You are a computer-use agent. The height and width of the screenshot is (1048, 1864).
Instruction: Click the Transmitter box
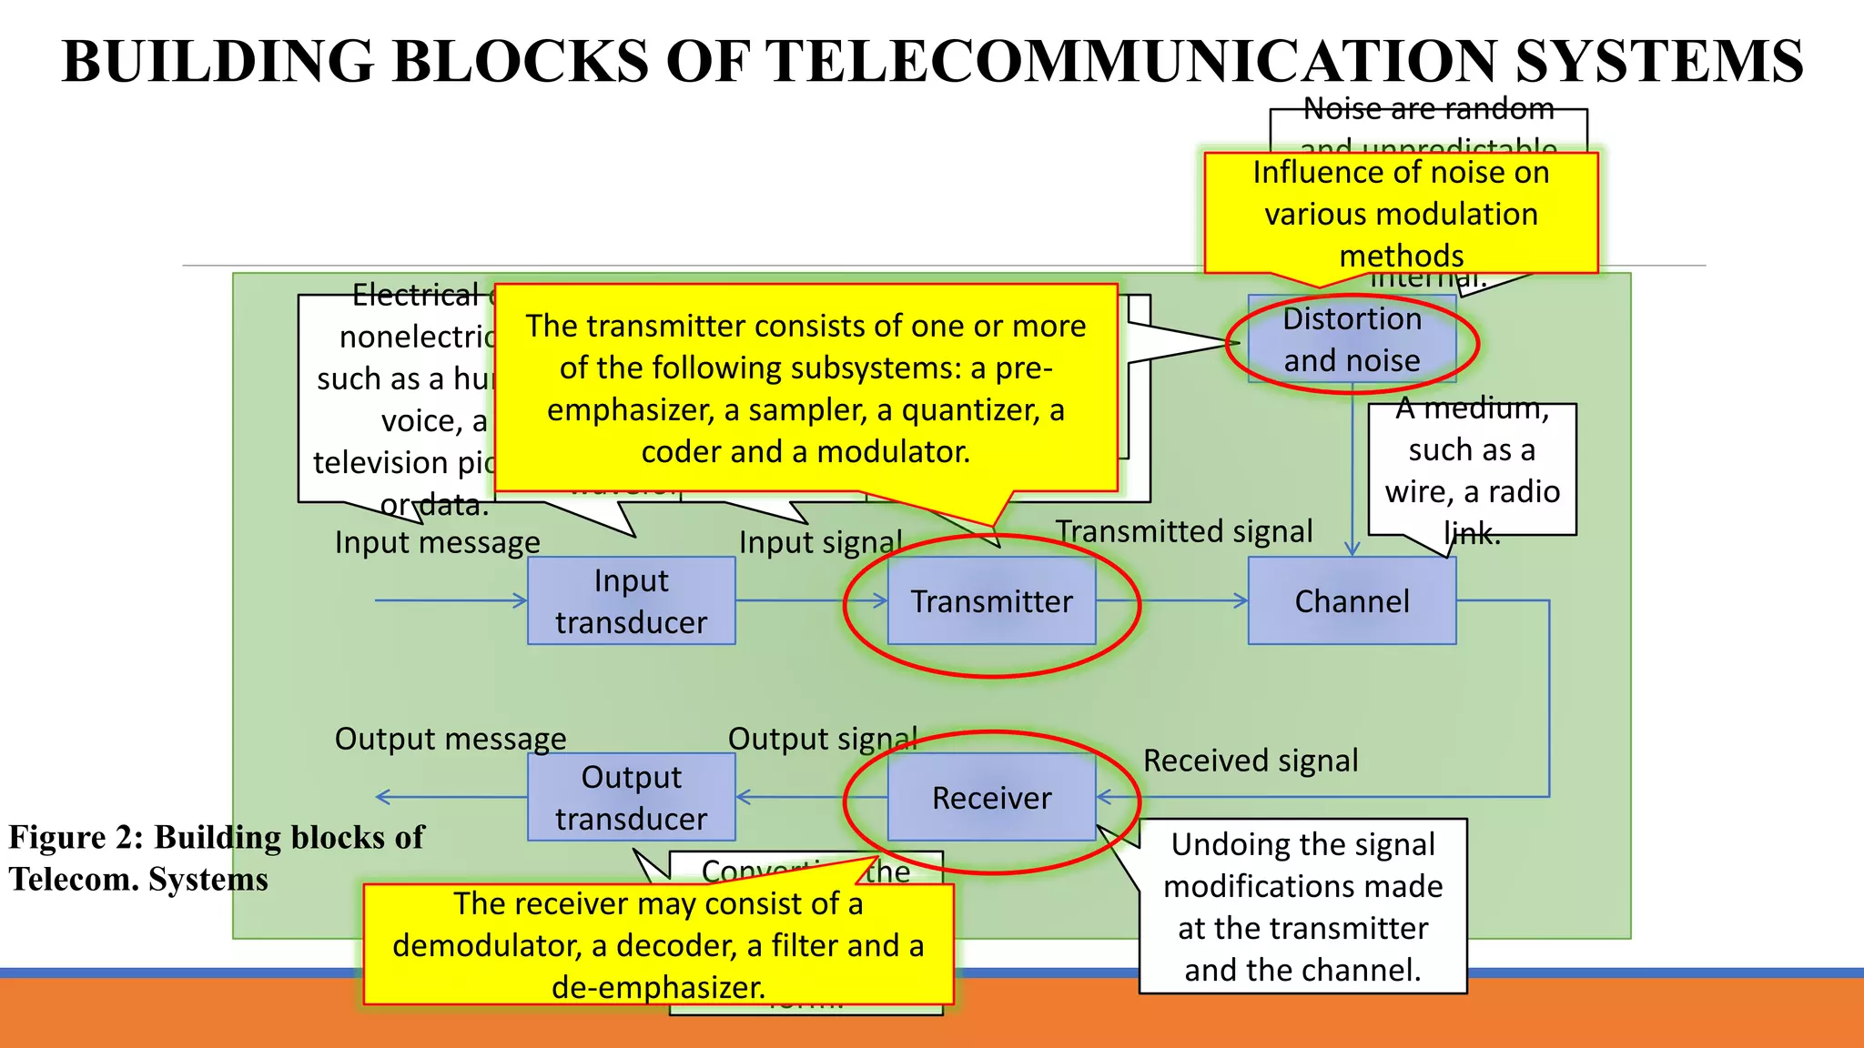coord(991,601)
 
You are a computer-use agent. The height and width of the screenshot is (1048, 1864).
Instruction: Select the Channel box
coord(1352,601)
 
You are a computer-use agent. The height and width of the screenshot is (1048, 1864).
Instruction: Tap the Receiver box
coord(991,798)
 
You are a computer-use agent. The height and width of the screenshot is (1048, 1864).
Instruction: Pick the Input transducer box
coord(631,601)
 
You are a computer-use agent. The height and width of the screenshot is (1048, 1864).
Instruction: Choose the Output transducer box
coord(631,798)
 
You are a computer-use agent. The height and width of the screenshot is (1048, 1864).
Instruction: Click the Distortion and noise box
coord(1352,339)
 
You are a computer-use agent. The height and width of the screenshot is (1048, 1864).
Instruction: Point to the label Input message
coord(437,542)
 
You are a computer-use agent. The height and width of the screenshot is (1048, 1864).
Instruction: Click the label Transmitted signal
coord(1183,531)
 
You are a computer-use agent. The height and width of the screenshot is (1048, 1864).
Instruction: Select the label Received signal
coord(1250,761)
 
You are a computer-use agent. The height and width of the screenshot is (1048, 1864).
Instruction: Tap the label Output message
coord(450,739)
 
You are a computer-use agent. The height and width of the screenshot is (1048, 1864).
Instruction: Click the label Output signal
coord(822,739)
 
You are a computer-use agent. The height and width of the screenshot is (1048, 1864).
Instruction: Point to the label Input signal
coord(820,542)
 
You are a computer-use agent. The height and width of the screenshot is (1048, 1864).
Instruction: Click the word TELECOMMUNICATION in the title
coord(1134,62)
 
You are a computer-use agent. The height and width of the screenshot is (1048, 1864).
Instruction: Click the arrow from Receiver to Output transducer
coord(810,797)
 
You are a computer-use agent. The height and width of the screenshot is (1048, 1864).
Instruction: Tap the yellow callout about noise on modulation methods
coord(1401,214)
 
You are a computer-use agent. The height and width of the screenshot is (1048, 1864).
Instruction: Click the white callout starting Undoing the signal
coord(1302,906)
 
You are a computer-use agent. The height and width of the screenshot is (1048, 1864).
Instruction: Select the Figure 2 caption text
coord(216,858)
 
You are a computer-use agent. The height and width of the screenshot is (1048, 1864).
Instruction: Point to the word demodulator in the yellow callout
coord(486,946)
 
